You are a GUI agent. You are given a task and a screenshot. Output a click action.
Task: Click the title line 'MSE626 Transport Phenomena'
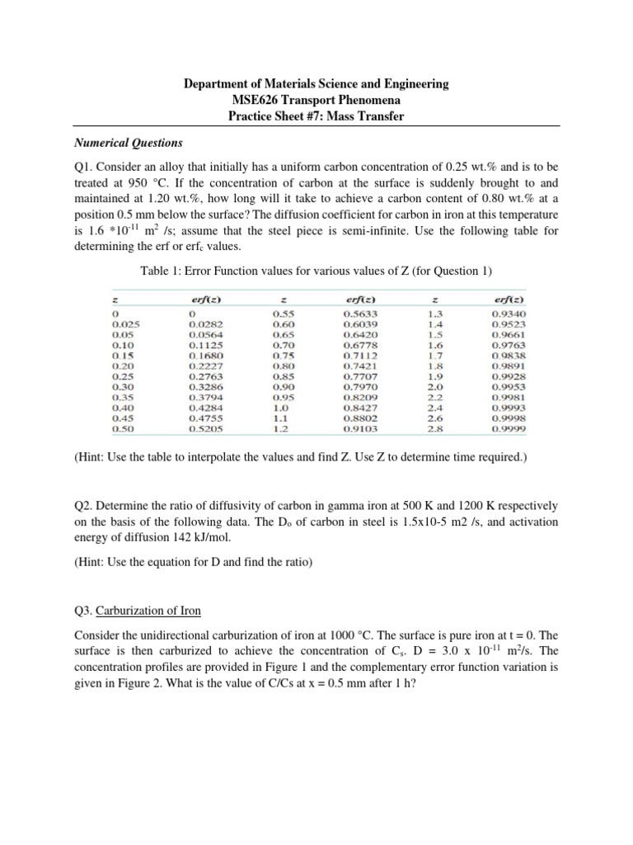coord(316,100)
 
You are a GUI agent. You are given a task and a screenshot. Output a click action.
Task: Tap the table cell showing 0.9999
coord(510,429)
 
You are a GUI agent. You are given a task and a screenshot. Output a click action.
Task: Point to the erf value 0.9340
coord(510,314)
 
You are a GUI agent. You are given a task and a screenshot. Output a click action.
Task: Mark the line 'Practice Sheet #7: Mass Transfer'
coord(316,116)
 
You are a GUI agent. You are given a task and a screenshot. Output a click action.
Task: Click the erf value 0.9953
coord(510,386)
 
